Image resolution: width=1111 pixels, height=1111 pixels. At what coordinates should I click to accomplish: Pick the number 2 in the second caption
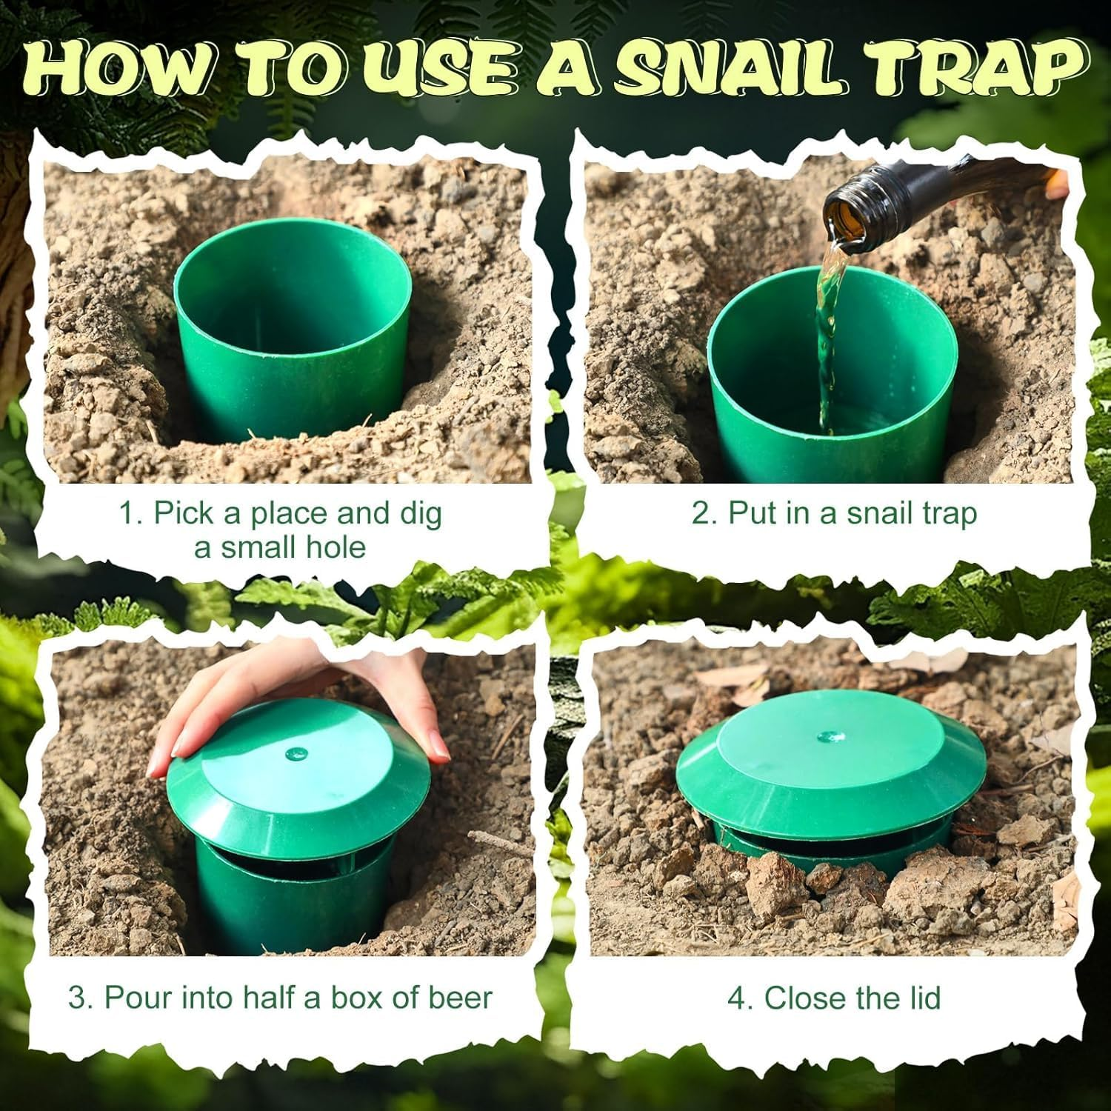701,513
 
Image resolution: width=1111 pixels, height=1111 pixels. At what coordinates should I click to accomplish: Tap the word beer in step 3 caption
464,998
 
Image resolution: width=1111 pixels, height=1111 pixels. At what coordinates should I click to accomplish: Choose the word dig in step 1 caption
421,513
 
